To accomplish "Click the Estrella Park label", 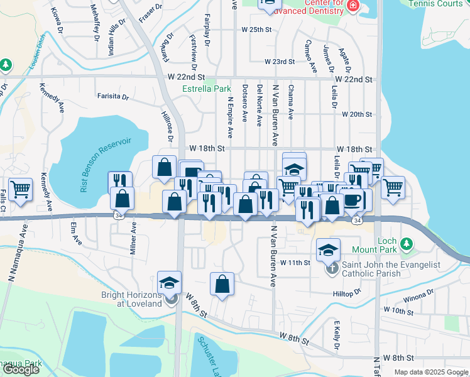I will click(x=198, y=89).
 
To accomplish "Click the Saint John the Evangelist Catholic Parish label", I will click(x=388, y=269).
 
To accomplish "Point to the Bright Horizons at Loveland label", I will click(x=131, y=297).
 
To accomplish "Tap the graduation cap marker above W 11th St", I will click(x=328, y=249).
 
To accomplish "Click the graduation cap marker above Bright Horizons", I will click(x=169, y=282).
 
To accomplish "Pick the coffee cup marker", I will click(x=352, y=200).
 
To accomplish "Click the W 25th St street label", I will click(x=256, y=30).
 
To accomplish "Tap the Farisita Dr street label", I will click(x=113, y=97).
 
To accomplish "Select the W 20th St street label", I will click(x=357, y=114).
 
